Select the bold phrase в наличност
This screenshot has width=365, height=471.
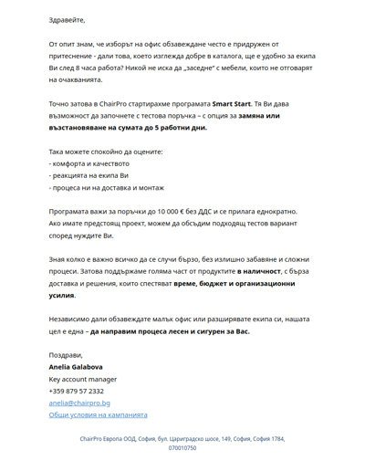click(x=267, y=271)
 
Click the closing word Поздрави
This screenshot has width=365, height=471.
click(x=66, y=355)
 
